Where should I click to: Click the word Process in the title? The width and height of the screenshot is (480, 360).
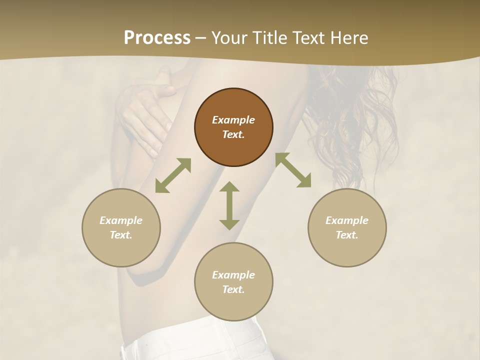[x=157, y=38]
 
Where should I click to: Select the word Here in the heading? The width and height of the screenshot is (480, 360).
[x=349, y=38]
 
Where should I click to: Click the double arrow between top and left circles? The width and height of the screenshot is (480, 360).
[x=173, y=175]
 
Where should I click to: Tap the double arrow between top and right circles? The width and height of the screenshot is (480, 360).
[x=293, y=170]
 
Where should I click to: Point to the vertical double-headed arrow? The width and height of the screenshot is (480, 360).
[x=229, y=205]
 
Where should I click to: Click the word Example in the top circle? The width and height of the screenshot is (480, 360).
[x=233, y=120]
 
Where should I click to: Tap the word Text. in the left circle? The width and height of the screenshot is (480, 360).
[x=121, y=235]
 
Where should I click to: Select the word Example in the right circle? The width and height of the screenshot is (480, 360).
[x=347, y=220]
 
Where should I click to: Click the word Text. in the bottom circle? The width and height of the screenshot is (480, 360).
[x=233, y=289]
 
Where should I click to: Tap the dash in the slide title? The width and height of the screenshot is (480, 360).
[x=201, y=38]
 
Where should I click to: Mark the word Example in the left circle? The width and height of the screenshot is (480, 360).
[x=121, y=220]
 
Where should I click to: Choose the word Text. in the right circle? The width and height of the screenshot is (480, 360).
[x=347, y=235]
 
